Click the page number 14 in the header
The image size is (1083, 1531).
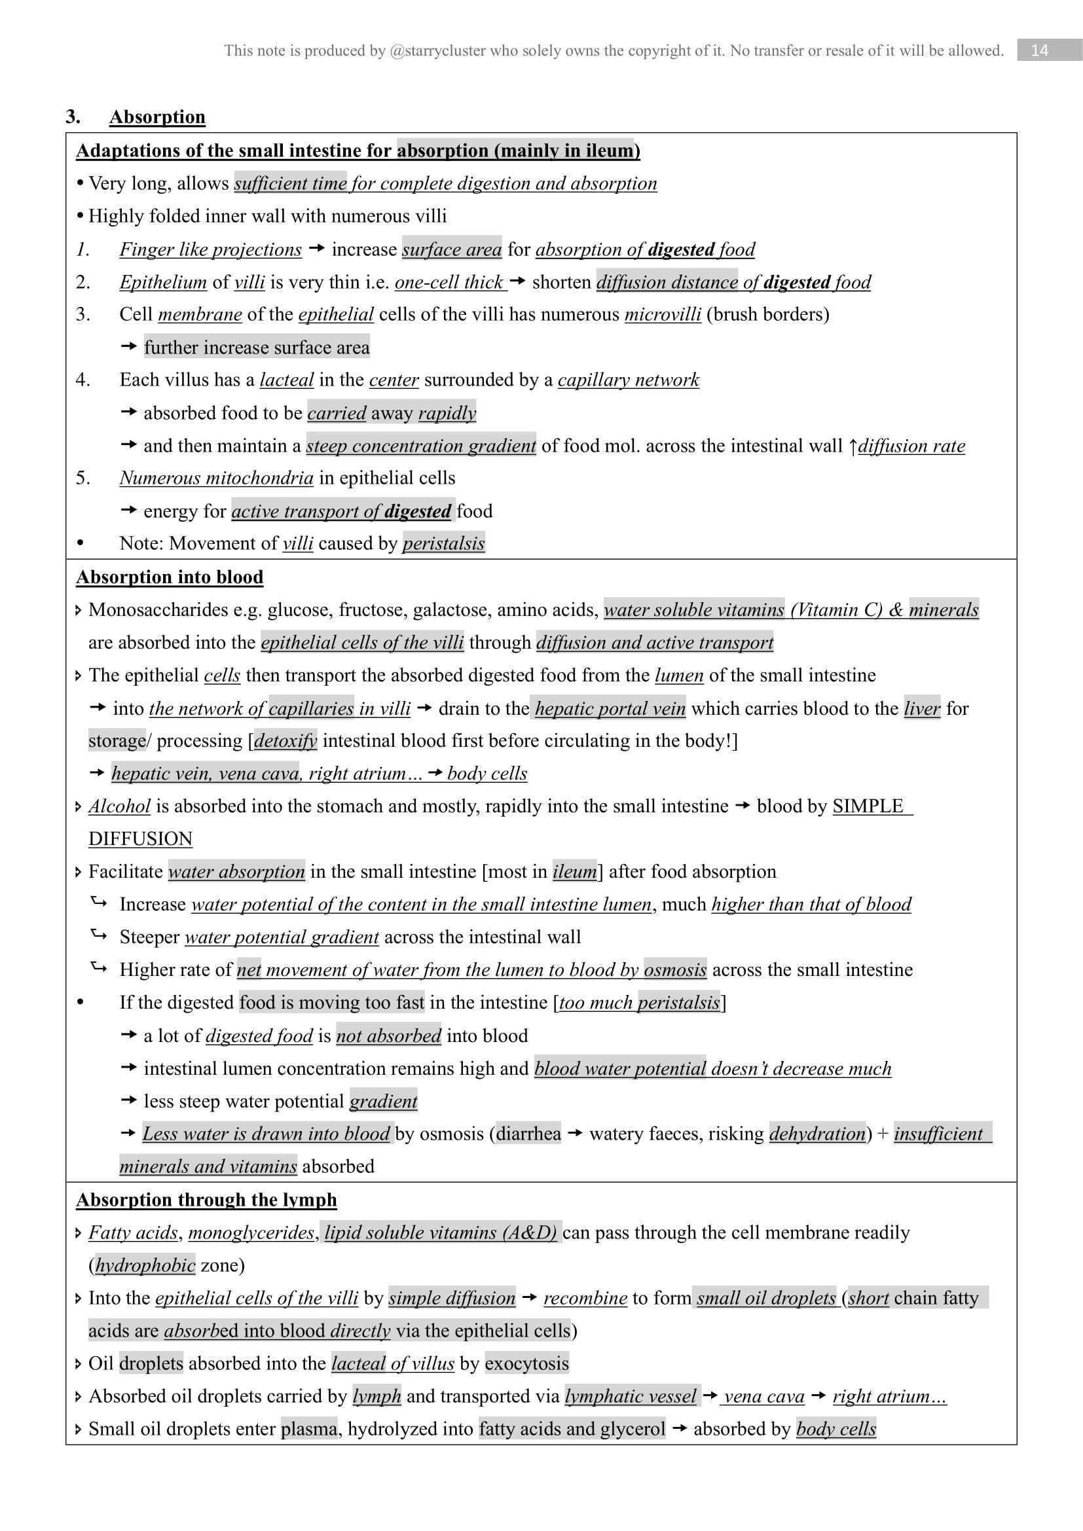[x=1039, y=50]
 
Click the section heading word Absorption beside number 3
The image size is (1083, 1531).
[x=157, y=117]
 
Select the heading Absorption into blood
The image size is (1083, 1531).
[x=170, y=577]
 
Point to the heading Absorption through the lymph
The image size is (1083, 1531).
[x=206, y=1200]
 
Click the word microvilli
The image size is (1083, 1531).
[x=662, y=314]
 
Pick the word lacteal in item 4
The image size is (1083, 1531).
[x=286, y=380]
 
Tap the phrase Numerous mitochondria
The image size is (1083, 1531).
[x=216, y=477]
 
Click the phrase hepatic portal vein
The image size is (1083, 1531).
[x=610, y=708]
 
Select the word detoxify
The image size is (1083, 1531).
[x=285, y=741]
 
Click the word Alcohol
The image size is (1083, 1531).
[x=119, y=806]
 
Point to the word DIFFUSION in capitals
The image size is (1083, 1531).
[x=140, y=839]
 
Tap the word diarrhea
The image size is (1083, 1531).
[x=529, y=1134]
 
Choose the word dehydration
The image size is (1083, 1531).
[x=817, y=1134]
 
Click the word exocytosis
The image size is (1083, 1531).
[x=527, y=1363]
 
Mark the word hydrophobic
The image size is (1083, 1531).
[x=145, y=1265]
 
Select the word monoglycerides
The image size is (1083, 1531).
[x=251, y=1233]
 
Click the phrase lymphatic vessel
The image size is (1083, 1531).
[x=630, y=1396]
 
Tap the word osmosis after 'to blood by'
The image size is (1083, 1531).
[x=675, y=969]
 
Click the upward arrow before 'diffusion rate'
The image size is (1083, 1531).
[x=853, y=446]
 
